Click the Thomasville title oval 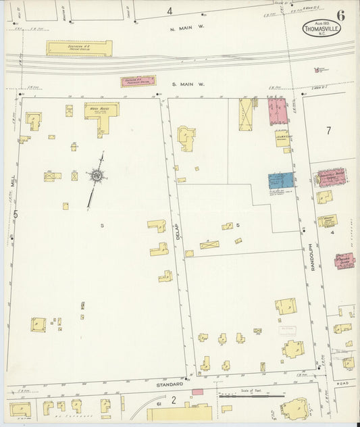(x=322, y=29)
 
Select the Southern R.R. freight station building (x=79, y=48)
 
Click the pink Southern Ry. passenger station (x=138, y=81)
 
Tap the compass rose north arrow (x=97, y=176)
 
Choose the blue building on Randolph (x=281, y=181)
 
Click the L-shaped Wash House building (x=102, y=114)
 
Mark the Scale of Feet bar (x=251, y=395)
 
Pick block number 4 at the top (x=170, y=11)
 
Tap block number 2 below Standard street (x=173, y=400)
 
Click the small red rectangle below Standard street (x=197, y=392)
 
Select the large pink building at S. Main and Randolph (x=278, y=111)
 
